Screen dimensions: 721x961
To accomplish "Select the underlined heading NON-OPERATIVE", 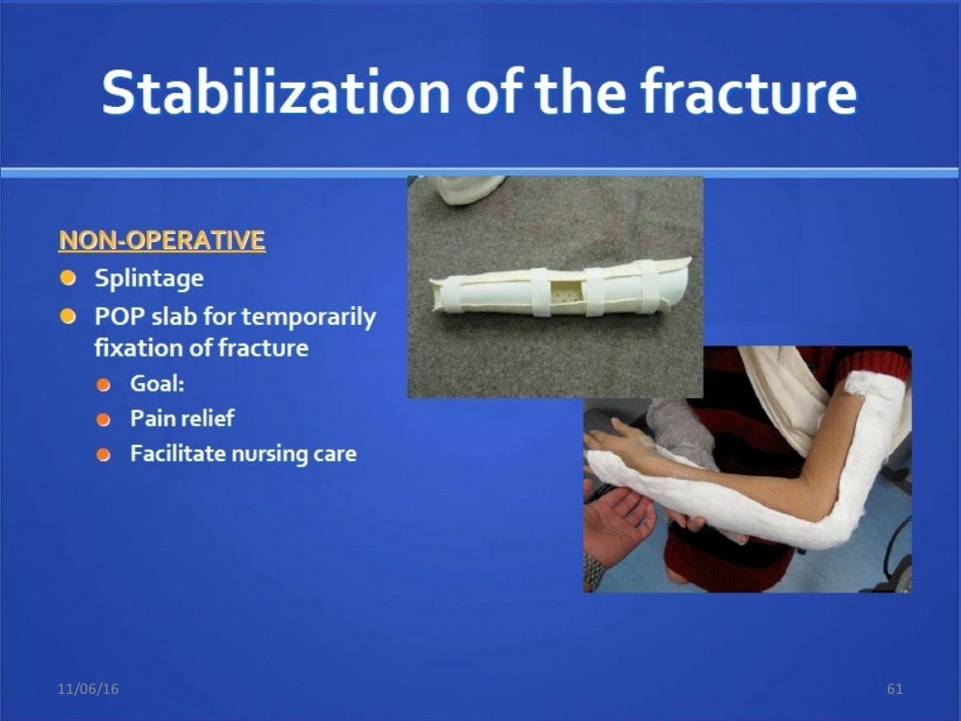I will coord(161,240).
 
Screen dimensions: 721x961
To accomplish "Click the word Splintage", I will coord(148,279).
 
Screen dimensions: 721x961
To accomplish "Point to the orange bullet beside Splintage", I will coord(69,279).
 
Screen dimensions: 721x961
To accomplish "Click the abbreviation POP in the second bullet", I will coord(116,316).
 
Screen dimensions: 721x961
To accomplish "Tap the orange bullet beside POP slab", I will coord(69,316).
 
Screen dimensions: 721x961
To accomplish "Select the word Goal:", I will coord(157,384).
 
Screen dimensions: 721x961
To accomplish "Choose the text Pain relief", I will coord(181,419).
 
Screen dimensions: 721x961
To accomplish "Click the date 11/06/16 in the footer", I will coord(87,690).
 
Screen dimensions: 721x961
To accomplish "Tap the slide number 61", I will coord(894,690).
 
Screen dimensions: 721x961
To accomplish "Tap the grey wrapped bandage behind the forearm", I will coord(680,427).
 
